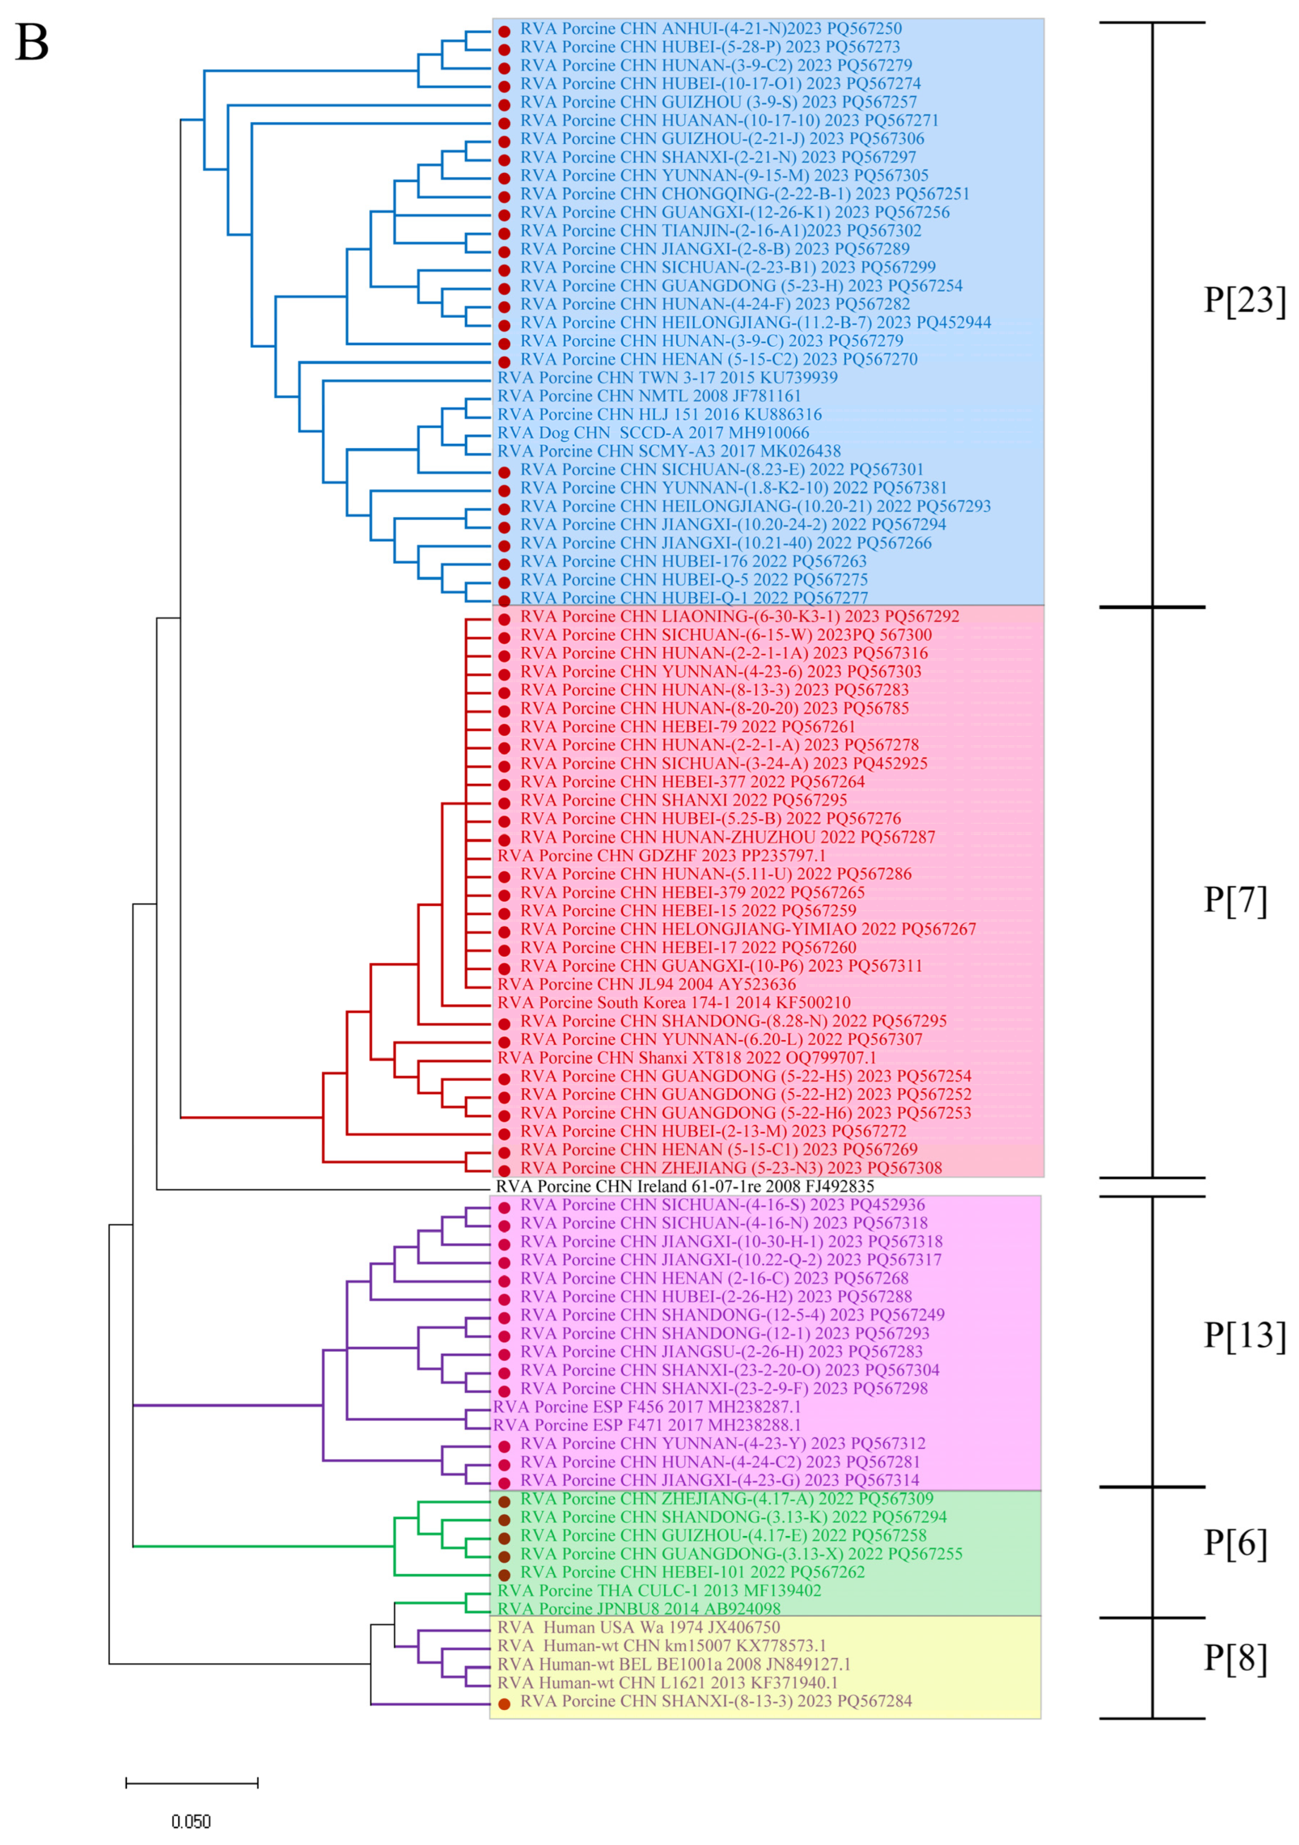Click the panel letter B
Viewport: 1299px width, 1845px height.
32,43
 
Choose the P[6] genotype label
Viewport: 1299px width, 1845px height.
1235,1543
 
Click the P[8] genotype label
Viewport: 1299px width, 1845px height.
1235,1658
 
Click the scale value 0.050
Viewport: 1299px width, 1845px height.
191,1822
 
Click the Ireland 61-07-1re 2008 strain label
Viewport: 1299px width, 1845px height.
684,1186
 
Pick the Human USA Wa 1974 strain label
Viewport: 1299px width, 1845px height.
638,1627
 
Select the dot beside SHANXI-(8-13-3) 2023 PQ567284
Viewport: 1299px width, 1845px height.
504,1704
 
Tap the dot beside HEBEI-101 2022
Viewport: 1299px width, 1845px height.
504,1574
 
